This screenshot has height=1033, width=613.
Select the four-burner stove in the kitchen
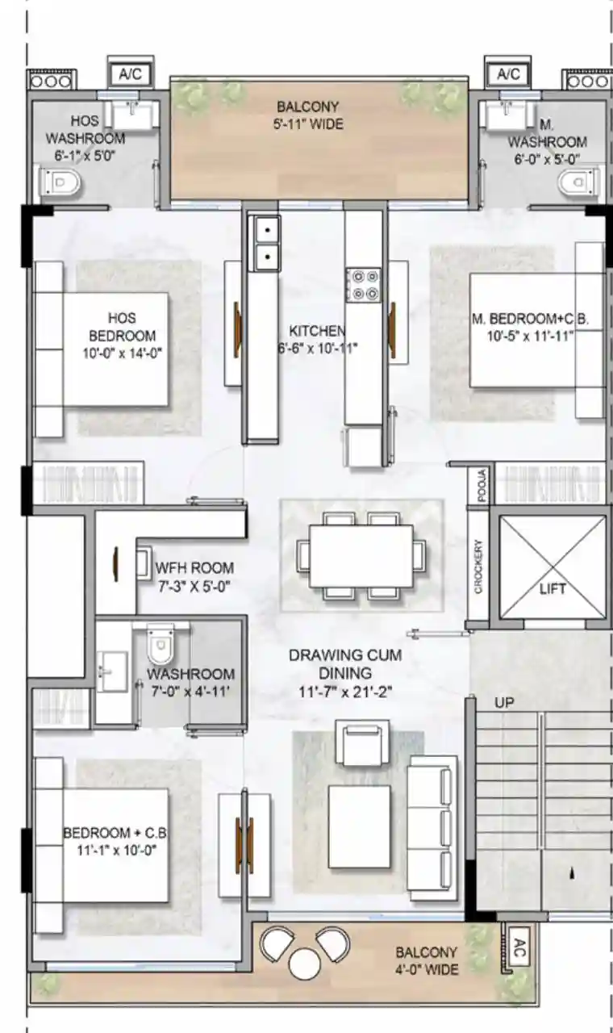[x=364, y=286]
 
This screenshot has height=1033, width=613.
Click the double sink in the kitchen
[x=265, y=243]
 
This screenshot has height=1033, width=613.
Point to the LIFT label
[x=553, y=588]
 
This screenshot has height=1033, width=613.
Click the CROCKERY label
[x=478, y=567]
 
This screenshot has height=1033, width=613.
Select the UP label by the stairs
[x=504, y=703]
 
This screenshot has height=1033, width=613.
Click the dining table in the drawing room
[x=361, y=556]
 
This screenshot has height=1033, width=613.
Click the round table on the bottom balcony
[x=305, y=961]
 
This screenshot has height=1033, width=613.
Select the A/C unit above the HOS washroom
[x=131, y=73]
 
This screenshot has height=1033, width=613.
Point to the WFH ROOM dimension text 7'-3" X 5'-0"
[x=194, y=587]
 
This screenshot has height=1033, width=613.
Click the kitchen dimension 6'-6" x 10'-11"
[x=318, y=348]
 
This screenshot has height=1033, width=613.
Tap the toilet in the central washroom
[x=160, y=645]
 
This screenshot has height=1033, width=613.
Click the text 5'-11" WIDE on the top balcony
[x=308, y=123]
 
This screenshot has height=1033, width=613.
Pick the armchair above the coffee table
[x=363, y=743]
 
